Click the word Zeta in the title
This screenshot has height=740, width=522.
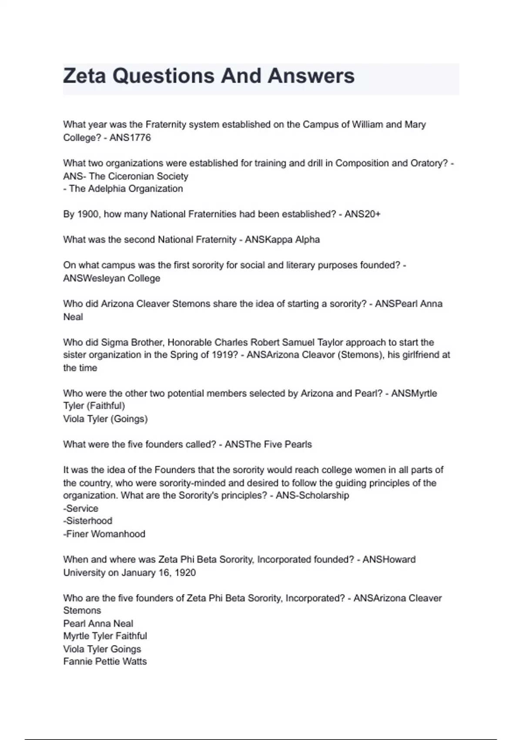tap(84, 76)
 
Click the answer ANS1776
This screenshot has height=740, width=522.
tap(130, 138)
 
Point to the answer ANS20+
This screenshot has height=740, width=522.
tap(362, 214)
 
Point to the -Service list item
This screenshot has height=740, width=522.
tap(81, 508)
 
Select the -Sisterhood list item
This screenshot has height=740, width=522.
tap(88, 521)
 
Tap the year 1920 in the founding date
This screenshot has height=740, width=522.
tap(185, 572)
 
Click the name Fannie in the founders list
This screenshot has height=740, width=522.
tap(77, 661)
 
